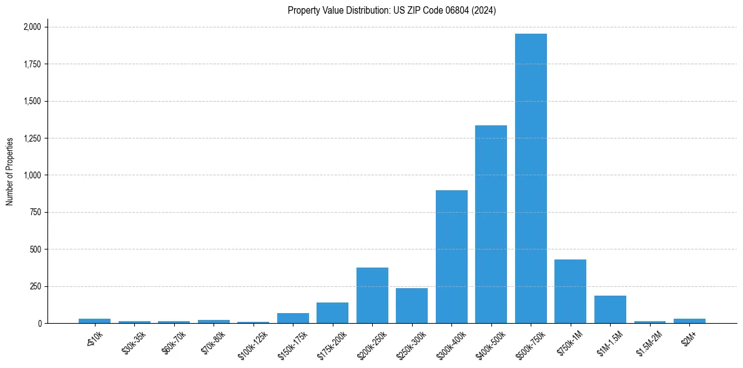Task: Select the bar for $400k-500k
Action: pyautogui.click(x=491, y=225)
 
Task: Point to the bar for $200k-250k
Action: pyautogui.click(x=372, y=296)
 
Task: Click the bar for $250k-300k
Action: pyautogui.click(x=411, y=306)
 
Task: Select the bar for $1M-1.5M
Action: pyautogui.click(x=610, y=309)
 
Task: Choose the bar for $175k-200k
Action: pyautogui.click(x=332, y=313)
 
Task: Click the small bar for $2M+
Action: pyautogui.click(x=689, y=321)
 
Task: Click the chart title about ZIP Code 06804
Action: pyautogui.click(x=391, y=11)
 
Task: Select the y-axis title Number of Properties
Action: pyautogui.click(x=10, y=172)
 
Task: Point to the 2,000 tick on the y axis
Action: pyautogui.click(x=32, y=27)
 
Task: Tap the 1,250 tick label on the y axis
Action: pyautogui.click(x=32, y=138)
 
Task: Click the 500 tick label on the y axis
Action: pyautogui.click(x=36, y=249)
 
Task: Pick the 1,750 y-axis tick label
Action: pyautogui.click(x=32, y=64)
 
